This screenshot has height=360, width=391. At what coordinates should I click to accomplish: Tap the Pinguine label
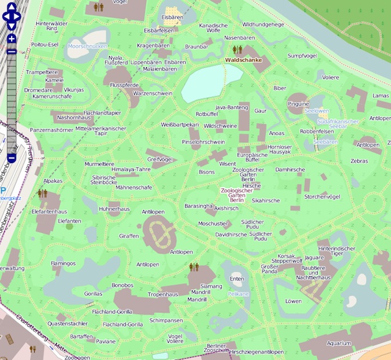point(298,104)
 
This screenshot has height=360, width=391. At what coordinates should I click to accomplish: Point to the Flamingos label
point(63,263)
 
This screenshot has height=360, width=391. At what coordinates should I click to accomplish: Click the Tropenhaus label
point(163,294)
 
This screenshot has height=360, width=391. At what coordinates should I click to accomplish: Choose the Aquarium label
point(338,343)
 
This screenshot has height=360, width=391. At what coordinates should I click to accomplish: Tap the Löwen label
point(293,301)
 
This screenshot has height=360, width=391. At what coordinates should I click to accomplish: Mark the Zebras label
point(359,161)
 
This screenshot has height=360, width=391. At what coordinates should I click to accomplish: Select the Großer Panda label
point(269,270)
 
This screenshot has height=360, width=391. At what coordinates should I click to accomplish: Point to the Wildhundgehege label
point(263,24)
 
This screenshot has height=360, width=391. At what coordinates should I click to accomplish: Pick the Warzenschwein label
point(153,94)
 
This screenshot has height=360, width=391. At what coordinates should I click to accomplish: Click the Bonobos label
point(122,285)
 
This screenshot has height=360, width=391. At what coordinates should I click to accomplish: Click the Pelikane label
point(238,294)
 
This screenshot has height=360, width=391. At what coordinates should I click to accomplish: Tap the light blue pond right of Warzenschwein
point(203,86)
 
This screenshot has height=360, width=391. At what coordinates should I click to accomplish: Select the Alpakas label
point(53,182)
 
